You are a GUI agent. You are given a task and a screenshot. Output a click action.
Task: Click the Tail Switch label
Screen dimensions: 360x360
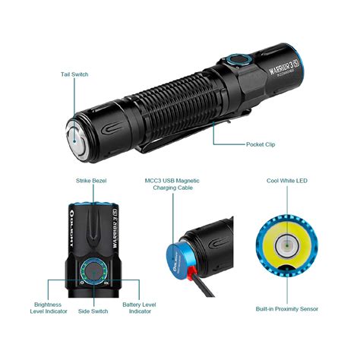tap(74, 74)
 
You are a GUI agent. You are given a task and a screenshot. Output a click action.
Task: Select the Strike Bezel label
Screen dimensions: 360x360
tap(93, 182)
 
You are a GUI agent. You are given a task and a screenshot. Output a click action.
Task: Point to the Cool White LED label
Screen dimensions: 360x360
tap(287, 182)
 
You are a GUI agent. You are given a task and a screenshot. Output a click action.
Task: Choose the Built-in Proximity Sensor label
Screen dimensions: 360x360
tap(287, 308)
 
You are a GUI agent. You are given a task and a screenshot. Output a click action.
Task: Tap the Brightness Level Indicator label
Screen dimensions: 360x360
tap(50, 307)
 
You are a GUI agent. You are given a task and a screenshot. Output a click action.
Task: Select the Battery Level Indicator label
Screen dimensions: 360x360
tap(137, 307)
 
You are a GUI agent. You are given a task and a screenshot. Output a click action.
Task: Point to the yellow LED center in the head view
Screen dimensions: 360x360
tap(287, 245)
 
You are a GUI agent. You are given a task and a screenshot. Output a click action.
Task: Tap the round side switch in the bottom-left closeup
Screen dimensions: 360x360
tap(93, 270)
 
